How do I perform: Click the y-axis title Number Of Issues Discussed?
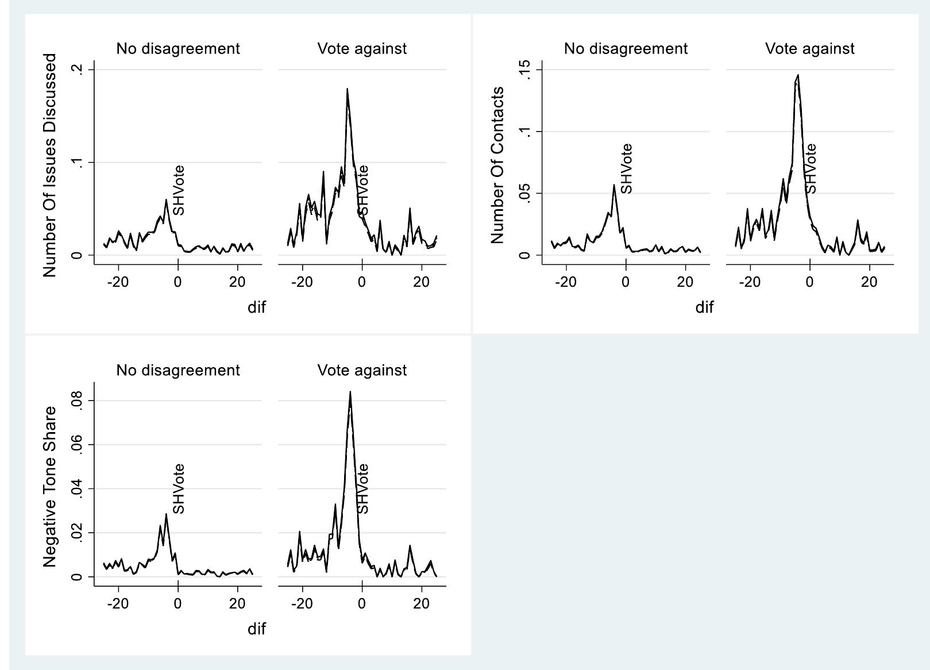point(49,165)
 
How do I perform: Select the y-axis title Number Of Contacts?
point(497,165)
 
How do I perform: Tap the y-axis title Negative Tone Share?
point(49,486)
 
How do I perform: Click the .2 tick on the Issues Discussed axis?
point(77,70)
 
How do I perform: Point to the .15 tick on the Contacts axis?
point(524,70)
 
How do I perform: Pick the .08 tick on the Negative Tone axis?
point(77,401)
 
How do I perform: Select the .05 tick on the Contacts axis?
point(524,193)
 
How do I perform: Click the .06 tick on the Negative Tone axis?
point(77,445)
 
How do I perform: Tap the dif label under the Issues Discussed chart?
point(257,307)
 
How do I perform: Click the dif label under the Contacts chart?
point(704,307)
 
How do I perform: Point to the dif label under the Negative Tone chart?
point(257,629)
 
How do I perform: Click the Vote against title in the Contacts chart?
point(809,49)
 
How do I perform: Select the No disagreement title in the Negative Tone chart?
point(178,370)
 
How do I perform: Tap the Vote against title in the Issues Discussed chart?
point(362,49)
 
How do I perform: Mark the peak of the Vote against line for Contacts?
point(798,75)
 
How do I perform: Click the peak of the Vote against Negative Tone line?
point(350,392)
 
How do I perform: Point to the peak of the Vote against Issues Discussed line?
point(347,89)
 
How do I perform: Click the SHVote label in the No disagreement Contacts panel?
point(626,168)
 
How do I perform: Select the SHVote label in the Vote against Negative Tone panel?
point(362,489)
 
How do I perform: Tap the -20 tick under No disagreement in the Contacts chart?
point(566,282)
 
